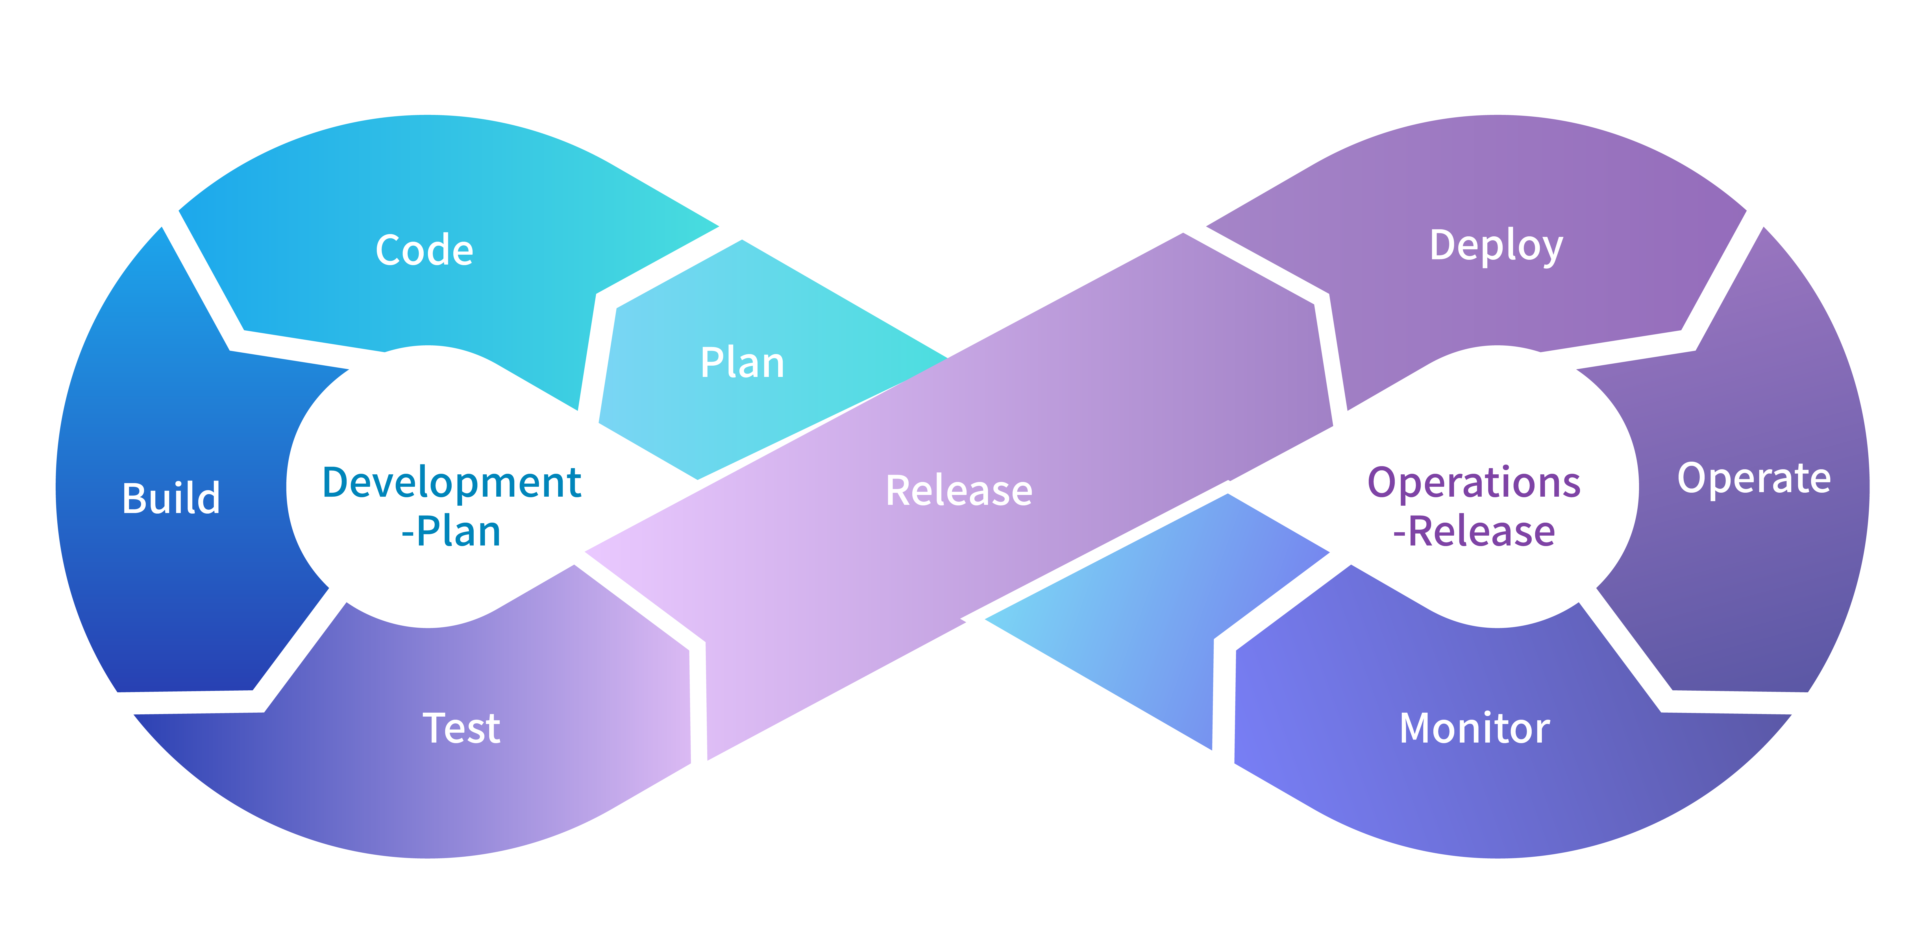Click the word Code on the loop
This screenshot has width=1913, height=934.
(x=424, y=250)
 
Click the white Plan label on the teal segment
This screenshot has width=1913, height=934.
(x=742, y=363)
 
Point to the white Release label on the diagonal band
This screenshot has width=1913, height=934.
(x=959, y=491)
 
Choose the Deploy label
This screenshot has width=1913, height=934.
(x=1496, y=246)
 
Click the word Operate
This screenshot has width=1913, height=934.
(x=1753, y=478)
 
